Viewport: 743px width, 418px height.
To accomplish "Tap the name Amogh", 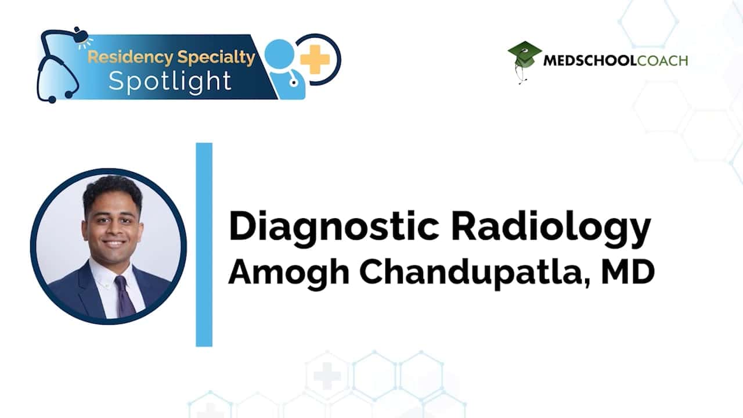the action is click(x=289, y=272).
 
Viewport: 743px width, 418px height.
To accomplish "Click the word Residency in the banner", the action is click(x=131, y=57).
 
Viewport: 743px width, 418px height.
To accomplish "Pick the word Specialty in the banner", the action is click(x=217, y=57).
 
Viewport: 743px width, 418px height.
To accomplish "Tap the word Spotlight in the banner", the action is click(x=170, y=81).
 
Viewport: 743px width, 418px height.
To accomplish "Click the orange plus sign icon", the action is click(x=315, y=59).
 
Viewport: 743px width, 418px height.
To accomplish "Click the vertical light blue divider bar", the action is click(x=204, y=245).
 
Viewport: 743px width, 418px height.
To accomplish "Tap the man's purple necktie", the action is click(x=124, y=296).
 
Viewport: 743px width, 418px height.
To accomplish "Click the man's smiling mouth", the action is click(x=113, y=244).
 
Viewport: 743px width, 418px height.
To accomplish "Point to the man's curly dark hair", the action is click(x=112, y=192).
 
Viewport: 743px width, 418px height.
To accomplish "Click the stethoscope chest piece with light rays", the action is click(x=81, y=37).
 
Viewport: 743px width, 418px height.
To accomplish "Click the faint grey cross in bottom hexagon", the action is click(x=327, y=376).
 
